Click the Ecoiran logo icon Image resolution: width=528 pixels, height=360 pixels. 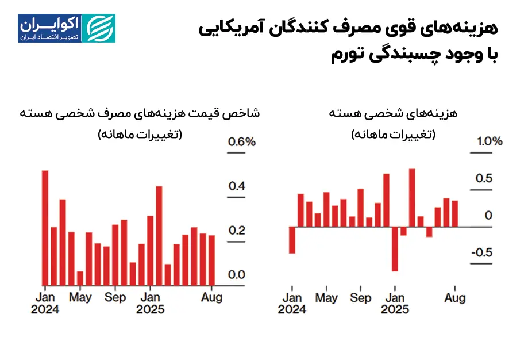99,28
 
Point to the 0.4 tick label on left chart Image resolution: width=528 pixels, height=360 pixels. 237,186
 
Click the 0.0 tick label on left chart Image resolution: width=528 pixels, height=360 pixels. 237,275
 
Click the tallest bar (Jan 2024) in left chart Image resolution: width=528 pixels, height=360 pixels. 45,228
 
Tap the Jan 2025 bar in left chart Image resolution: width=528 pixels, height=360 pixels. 151,250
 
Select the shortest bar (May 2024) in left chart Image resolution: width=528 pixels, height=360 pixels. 80,278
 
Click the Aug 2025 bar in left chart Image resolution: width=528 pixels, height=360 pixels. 211,260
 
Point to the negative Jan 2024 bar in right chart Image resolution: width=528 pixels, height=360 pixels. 292,240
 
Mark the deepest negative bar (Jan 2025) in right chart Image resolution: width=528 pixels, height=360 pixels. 395,248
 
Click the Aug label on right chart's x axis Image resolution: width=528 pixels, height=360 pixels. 455,298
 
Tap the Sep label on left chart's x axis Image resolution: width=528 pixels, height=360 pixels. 115,298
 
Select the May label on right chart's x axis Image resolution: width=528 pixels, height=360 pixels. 326,298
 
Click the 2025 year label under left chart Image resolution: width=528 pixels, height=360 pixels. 150,309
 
